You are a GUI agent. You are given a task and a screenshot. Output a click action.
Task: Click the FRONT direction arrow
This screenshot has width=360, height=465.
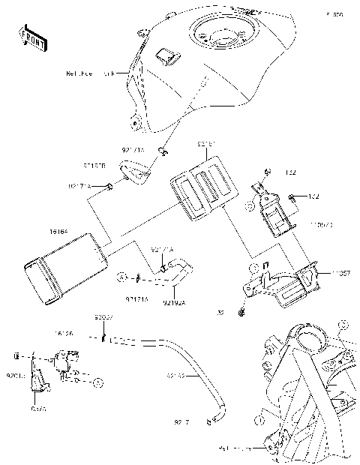[x=32, y=37]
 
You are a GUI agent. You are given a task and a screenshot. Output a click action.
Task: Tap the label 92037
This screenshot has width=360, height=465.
[x=103, y=317]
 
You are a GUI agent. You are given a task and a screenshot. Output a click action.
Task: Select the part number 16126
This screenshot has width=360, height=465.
[x=63, y=332]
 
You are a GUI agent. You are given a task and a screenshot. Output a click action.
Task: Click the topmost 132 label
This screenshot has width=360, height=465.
[x=291, y=172]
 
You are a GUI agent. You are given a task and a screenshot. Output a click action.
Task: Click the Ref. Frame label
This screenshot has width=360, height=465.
[x=232, y=449]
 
